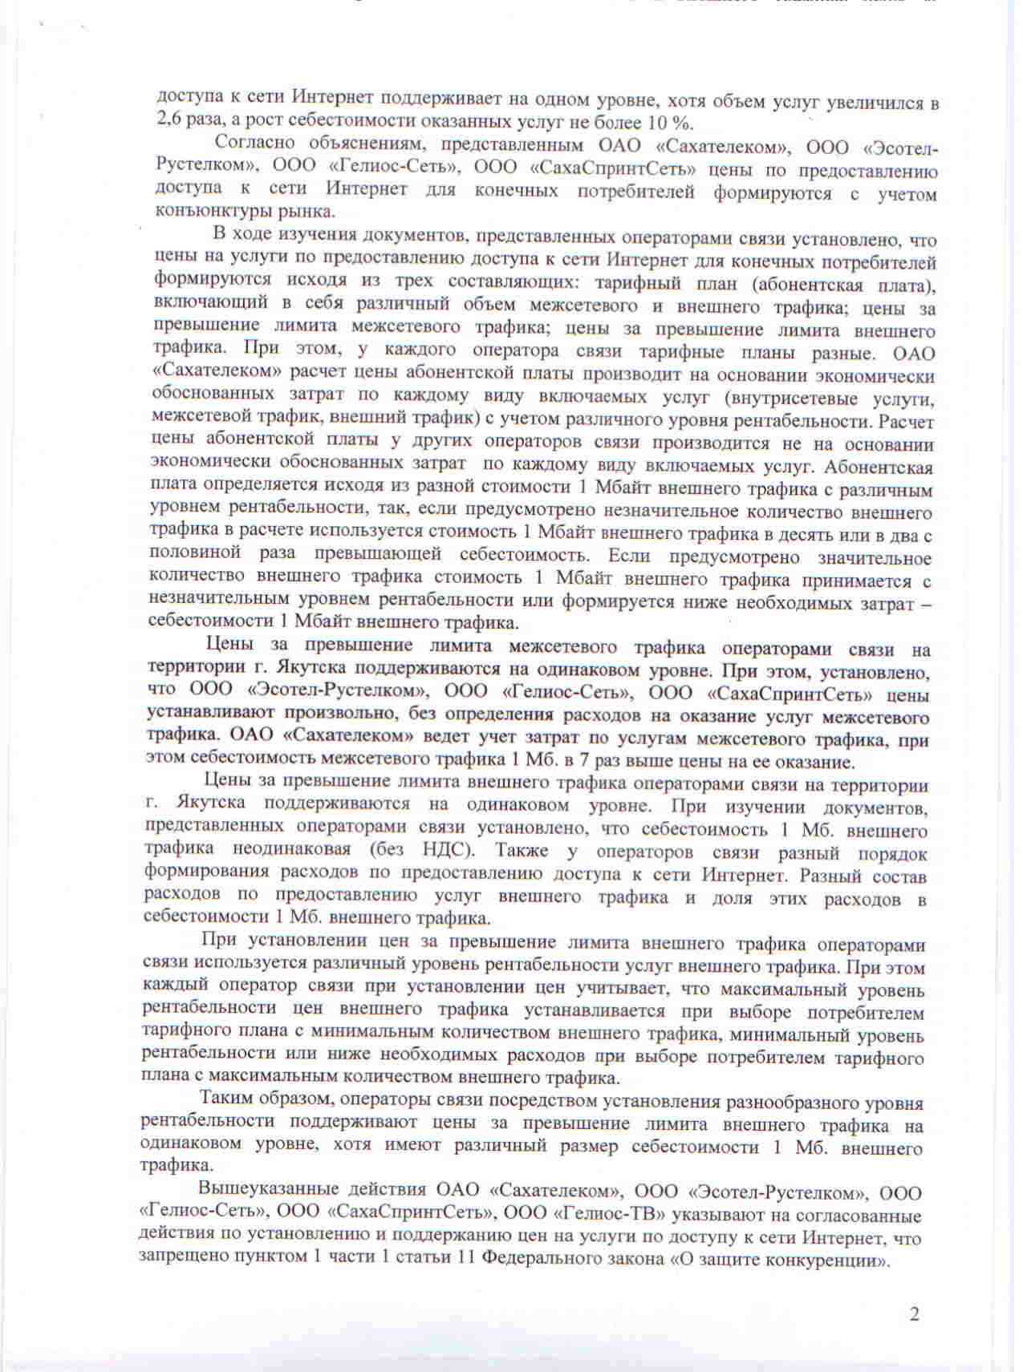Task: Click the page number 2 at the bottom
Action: tap(914, 1313)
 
